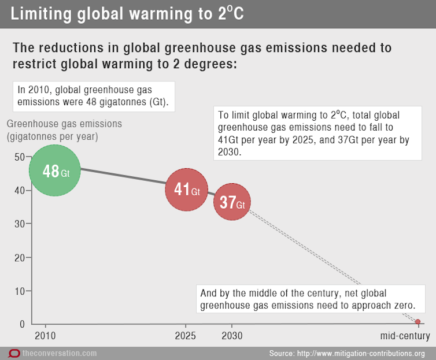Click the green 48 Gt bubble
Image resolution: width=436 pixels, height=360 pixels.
[x=54, y=171]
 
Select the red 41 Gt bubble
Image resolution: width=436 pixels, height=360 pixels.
[x=186, y=190]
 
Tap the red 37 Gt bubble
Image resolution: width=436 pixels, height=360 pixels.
[x=232, y=202]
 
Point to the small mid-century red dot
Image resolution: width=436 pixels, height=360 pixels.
[x=418, y=321]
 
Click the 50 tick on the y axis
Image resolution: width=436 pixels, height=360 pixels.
[x=19, y=157]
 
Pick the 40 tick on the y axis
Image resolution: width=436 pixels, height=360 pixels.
[x=19, y=190]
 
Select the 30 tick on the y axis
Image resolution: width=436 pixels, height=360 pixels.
[x=19, y=224]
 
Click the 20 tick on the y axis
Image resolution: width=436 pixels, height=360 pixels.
[x=19, y=257]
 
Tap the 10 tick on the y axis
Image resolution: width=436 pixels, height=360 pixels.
[x=19, y=291]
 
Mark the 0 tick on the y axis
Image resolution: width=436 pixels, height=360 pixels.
[x=21, y=324]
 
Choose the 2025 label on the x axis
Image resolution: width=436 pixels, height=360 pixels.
[x=185, y=336]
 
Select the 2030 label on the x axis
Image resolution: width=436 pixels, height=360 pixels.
[x=231, y=336]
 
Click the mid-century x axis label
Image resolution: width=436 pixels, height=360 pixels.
[x=405, y=336]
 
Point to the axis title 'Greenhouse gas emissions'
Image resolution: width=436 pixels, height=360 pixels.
[x=64, y=124]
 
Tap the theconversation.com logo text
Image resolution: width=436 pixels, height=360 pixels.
[x=60, y=353]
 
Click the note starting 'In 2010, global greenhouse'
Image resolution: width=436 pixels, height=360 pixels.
[x=94, y=96]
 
